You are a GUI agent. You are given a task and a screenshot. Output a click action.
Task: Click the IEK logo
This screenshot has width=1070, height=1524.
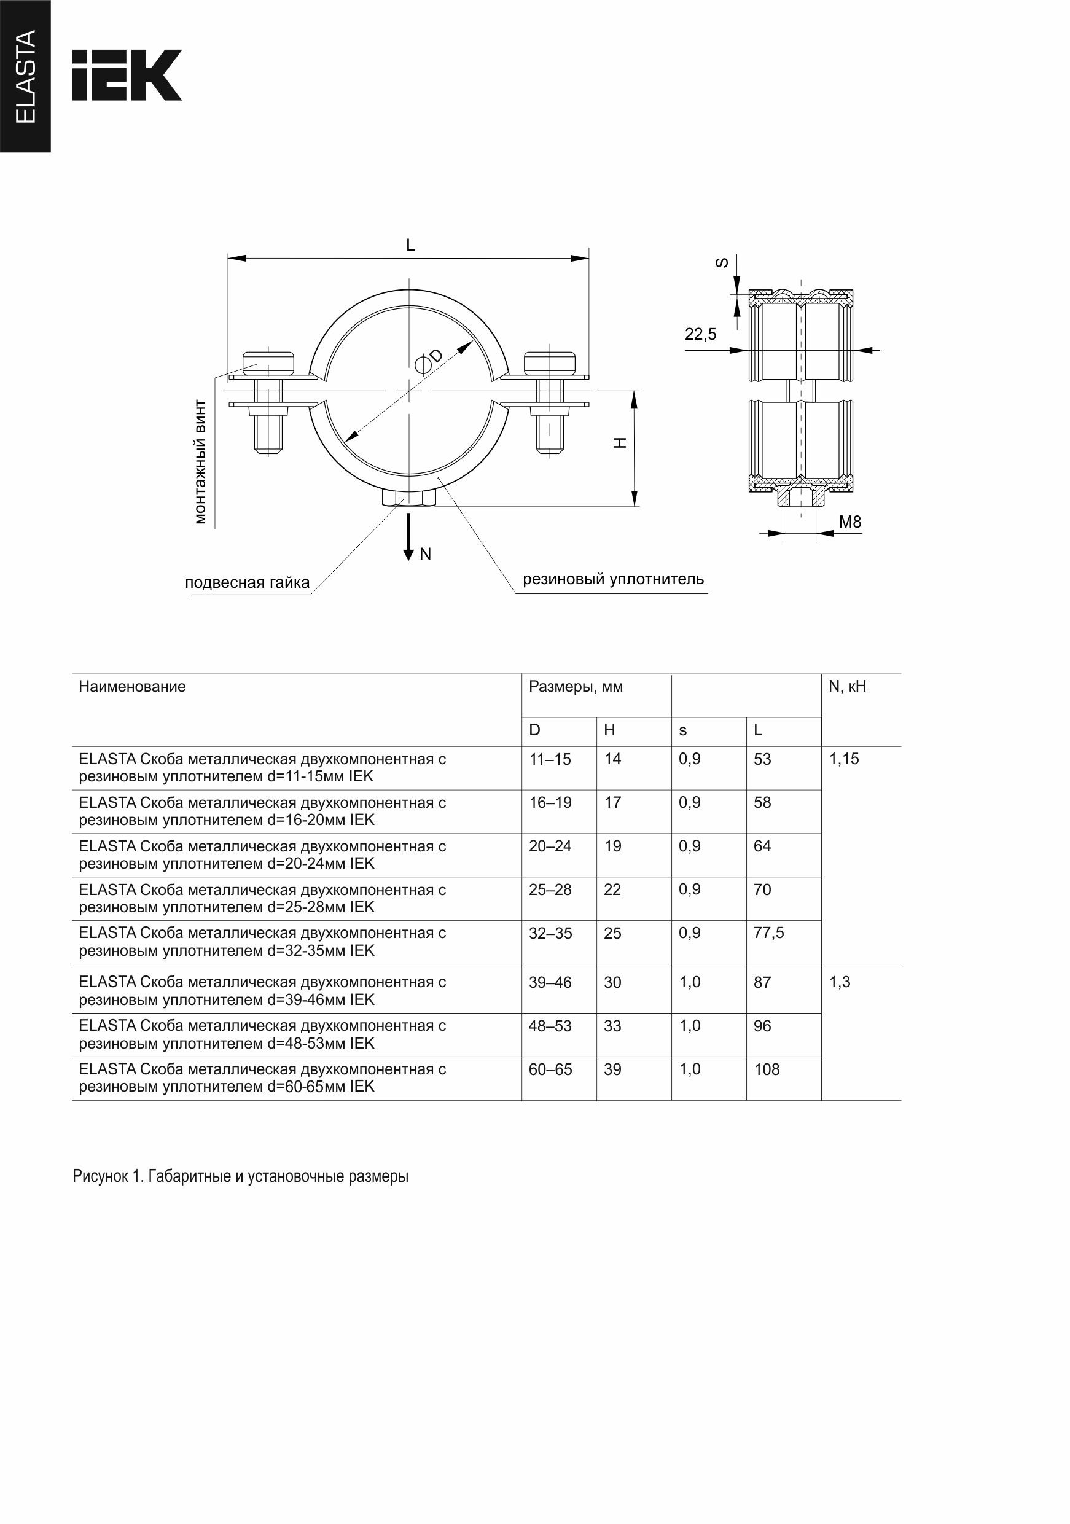126,75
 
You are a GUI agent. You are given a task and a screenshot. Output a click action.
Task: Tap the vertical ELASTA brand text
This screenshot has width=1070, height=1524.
25,76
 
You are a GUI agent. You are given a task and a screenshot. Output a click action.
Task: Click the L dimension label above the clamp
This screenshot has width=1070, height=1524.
410,246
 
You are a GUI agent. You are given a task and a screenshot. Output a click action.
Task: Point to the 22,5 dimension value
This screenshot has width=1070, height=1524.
700,335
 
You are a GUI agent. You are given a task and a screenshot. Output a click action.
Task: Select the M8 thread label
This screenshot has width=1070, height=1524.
849,522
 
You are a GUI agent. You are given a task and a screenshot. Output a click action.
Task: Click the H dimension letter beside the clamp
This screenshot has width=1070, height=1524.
620,443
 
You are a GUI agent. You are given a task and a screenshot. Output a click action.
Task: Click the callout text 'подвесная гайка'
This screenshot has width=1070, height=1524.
247,583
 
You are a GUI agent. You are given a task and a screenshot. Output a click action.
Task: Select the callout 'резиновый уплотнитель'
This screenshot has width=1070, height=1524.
612,579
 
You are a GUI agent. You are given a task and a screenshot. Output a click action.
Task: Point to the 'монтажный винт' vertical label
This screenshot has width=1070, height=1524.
200,462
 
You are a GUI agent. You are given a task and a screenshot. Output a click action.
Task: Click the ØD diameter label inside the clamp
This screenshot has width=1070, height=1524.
428,359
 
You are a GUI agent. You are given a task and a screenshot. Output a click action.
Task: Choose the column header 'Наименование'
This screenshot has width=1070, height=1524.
132,687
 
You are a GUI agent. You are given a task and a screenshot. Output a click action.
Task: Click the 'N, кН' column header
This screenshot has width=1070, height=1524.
847,687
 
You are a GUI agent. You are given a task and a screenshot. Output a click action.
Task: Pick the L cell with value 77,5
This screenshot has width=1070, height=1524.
768,933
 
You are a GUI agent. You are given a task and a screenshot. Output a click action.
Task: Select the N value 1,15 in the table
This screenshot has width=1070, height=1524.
844,759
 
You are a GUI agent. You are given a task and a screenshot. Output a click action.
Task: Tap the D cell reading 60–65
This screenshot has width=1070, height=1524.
550,1069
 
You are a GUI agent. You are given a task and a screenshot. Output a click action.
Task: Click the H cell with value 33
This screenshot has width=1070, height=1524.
612,1026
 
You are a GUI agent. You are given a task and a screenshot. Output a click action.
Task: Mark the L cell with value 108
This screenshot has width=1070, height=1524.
767,1069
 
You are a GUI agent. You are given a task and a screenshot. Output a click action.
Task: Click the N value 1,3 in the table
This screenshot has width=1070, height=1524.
840,982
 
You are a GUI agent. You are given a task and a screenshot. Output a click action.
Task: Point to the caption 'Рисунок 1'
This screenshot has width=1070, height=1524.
240,1177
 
